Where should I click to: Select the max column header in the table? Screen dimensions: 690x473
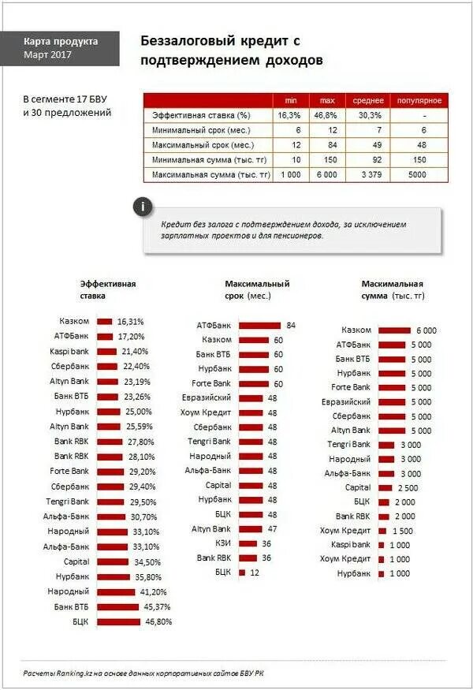click(326, 100)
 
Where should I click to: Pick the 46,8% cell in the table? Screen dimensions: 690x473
click(326, 115)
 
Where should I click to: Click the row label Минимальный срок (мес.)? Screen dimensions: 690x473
click(203, 130)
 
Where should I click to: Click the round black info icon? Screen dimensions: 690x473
click(142, 207)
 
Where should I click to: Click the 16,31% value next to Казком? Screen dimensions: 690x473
click(131, 322)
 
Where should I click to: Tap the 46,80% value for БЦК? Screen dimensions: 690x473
click(158, 621)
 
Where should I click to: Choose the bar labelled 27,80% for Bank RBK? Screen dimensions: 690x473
click(110, 442)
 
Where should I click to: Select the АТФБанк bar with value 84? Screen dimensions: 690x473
click(259, 325)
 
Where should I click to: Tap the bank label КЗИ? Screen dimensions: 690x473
click(223, 543)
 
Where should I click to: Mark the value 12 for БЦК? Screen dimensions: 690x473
click(255, 572)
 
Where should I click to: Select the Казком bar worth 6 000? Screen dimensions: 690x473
click(395, 330)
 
